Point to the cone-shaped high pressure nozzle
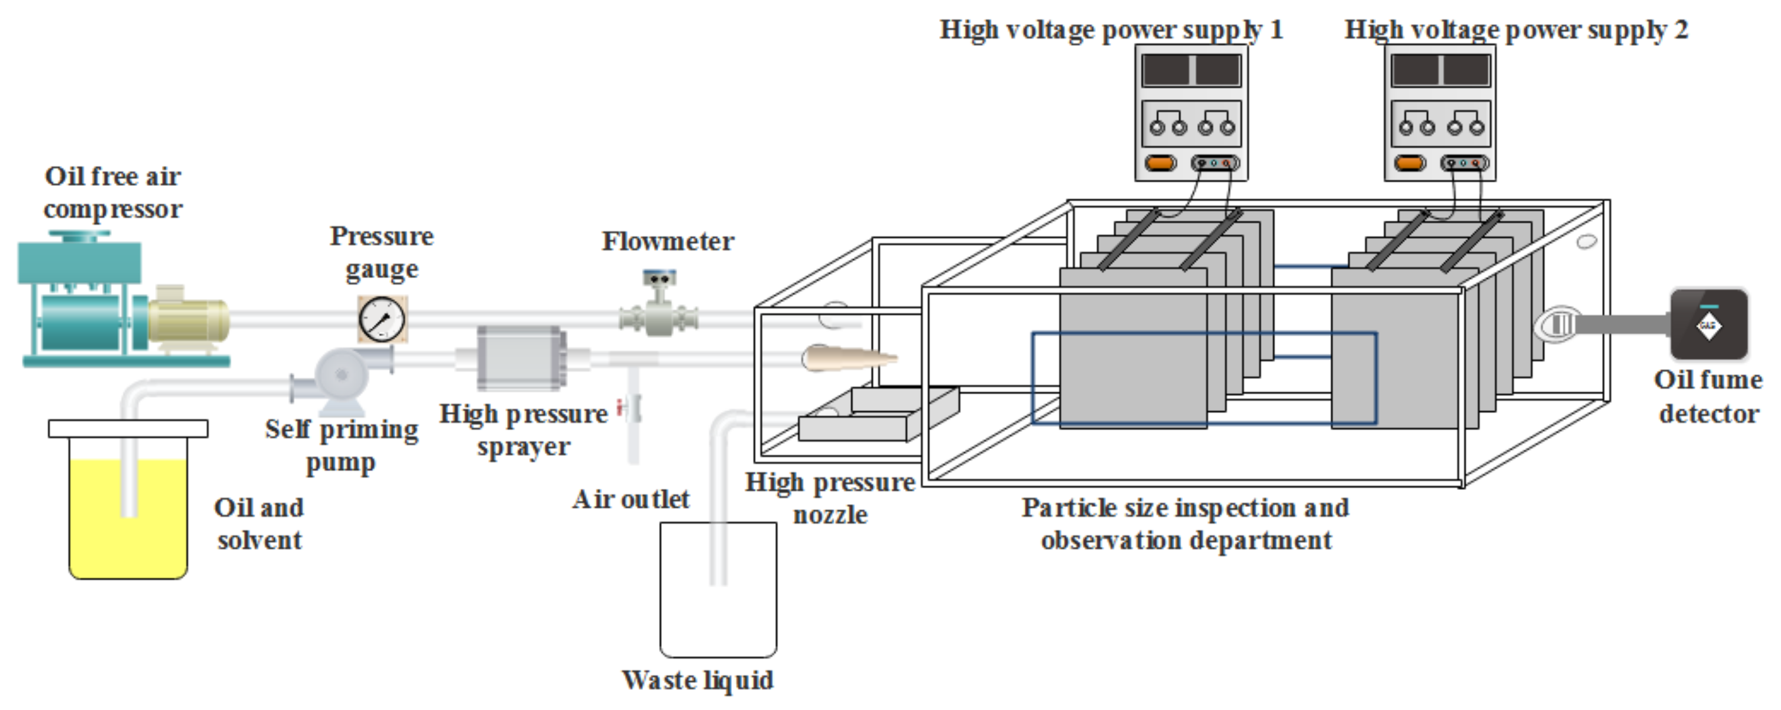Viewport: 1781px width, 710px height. pos(849,358)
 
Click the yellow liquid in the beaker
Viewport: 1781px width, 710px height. pos(128,519)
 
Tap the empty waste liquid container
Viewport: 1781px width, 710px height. pos(718,589)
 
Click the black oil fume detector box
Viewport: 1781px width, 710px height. pos(1708,324)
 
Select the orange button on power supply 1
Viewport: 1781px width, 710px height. pos(1160,164)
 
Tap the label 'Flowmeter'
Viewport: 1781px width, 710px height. pos(668,241)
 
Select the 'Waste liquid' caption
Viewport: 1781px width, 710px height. pos(698,680)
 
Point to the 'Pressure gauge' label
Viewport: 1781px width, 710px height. pos(381,252)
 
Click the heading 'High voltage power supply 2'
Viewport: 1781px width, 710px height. pos(1516,30)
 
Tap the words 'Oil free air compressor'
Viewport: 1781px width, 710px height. pos(113,192)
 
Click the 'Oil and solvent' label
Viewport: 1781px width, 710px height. pos(259,523)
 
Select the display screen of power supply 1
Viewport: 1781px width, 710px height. pos(1191,70)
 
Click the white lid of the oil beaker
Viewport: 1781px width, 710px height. pos(128,428)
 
